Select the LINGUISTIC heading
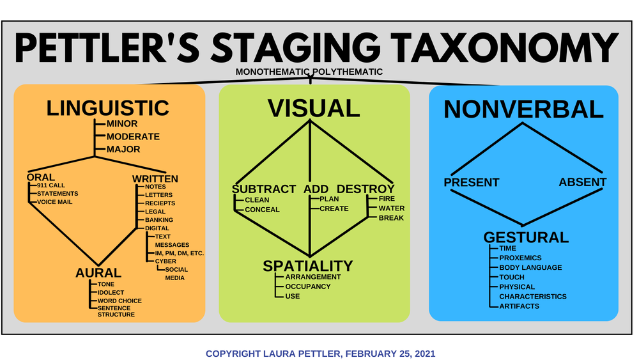coord(107,107)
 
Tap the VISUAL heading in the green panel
coord(314,108)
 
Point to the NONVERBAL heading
coord(523,109)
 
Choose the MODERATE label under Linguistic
coord(133,137)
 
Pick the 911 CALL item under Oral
coord(51,185)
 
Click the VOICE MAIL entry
coord(54,202)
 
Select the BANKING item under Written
coord(159,220)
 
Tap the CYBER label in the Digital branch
coord(166,261)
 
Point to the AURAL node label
coord(98,273)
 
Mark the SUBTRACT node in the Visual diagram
coord(264,189)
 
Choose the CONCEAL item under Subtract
coord(262,209)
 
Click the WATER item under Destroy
coord(391,208)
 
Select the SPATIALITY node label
coord(308,265)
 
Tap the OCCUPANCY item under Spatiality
coord(308,286)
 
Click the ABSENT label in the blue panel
coord(582,182)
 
